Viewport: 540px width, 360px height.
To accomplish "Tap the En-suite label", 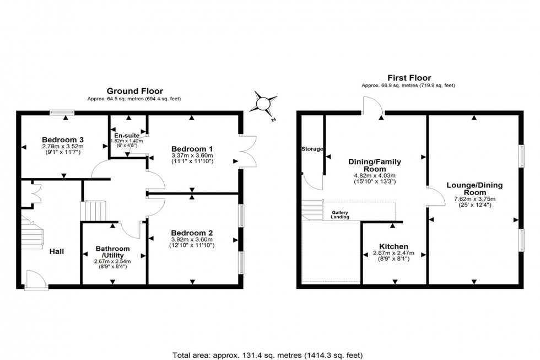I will coord(126,135).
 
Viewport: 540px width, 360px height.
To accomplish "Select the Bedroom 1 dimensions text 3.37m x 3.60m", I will coord(192,157).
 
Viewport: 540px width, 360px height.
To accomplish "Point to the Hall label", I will coord(56,251).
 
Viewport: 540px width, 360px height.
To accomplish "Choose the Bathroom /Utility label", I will coord(112,252).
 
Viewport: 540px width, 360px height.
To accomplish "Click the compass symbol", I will coord(263,103).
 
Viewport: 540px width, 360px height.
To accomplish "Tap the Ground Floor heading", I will coord(134,91).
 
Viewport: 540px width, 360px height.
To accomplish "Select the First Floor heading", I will coord(409,78).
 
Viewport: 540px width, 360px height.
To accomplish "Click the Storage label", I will coord(312,149).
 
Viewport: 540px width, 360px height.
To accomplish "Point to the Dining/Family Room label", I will coord(375,165).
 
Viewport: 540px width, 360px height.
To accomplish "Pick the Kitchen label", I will coord(393,246).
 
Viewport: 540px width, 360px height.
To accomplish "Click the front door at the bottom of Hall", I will coord(33,279).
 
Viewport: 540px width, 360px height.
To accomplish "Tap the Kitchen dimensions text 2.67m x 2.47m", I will coord(393,253).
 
